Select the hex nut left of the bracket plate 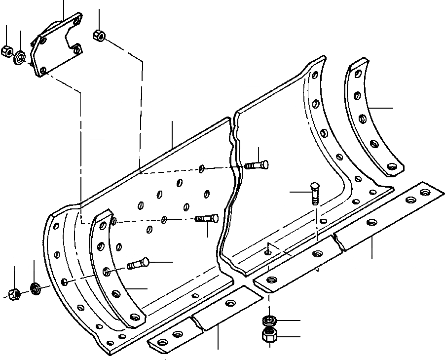click(7, 50)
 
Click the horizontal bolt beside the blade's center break click(256, 165)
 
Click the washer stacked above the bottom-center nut click(269, 321)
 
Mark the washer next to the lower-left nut click(35, 287)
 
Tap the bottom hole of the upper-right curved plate click(392, 167)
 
